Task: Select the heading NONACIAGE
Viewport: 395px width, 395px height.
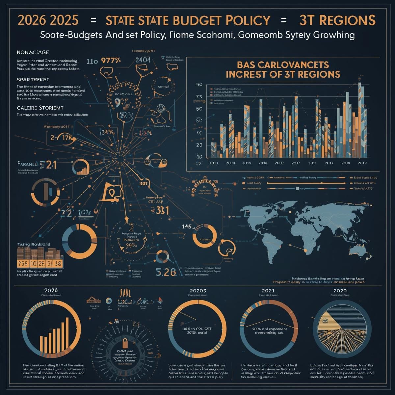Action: tap(33, 52)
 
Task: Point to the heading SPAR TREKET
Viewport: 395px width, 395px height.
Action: tap(33, 80)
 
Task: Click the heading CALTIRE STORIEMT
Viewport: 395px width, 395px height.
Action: tap(40, 108)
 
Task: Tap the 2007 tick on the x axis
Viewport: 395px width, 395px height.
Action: tap(279, 163)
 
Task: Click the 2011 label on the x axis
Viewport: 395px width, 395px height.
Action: tap(312, 163)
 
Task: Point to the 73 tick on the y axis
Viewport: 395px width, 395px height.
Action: tap(199, 97)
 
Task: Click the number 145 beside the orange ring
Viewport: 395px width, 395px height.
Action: tap(187, 226)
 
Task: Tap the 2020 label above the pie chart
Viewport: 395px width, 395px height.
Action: tap(340, 291)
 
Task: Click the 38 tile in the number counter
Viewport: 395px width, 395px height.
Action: tap(58, 263)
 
